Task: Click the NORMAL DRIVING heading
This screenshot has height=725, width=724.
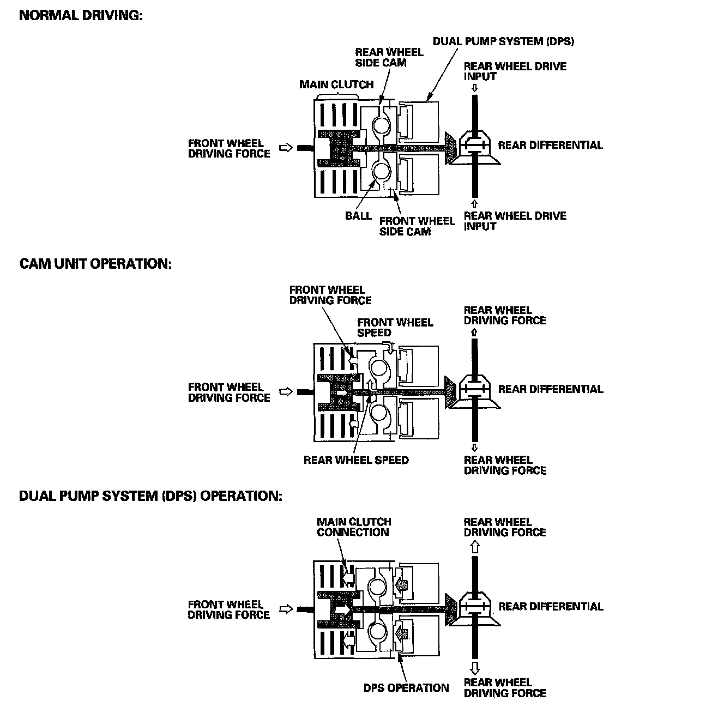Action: [x=81, y=15]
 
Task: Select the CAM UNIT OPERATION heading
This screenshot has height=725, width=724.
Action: [x=95, y=264]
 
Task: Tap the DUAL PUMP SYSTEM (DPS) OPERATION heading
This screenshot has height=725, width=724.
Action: [x=150, y=497]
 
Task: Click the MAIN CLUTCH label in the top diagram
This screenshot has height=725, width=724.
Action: [x=336, y=84]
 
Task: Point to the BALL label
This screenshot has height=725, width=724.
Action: [x=358, y=215]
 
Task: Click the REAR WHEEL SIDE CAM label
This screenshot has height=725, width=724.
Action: [x=389, y=57]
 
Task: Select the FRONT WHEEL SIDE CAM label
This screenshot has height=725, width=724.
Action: [x=417, y=226]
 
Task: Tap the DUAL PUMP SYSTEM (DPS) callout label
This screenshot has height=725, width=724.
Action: [x=503, y=41]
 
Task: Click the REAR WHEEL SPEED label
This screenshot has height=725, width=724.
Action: [x=356, y=460]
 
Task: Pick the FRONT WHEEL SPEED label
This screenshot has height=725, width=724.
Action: [x=395, y=328]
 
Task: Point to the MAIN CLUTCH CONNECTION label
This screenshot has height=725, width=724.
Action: [x=354, y=527]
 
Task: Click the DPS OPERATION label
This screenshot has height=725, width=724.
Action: [x=406, y=688]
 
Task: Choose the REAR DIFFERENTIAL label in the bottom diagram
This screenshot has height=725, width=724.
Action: [x=551, y=607]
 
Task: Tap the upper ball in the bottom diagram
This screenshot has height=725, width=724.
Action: [x=378, y=587]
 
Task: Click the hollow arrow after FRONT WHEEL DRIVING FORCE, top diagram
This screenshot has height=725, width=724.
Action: [x=286, y=148]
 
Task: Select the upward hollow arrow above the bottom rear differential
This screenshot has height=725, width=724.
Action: [x=475, y=547]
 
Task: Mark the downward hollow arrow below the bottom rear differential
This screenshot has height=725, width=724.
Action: [x=475, y=668]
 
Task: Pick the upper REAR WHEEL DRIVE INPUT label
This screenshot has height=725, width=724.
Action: [x=515, y=71]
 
